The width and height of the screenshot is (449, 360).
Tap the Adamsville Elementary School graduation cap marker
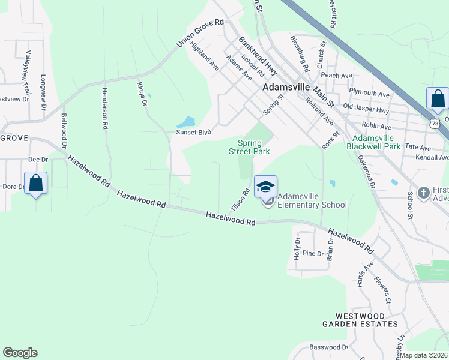pos(265,187)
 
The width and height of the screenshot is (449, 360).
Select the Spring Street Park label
pos(253,147)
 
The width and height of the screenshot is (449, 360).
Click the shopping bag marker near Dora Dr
pos(36,183)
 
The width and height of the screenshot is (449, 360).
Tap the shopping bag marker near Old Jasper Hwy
pos(438,98)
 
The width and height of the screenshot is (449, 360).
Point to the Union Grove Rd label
pos(200,34)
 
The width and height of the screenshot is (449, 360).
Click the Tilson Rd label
pos(240,200)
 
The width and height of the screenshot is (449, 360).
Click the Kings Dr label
pos(142,95)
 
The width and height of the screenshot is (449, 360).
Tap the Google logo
pos(20,353)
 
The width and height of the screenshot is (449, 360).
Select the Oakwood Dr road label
pos(366,173)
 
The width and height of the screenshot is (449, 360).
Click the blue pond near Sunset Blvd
pos(188,122)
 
